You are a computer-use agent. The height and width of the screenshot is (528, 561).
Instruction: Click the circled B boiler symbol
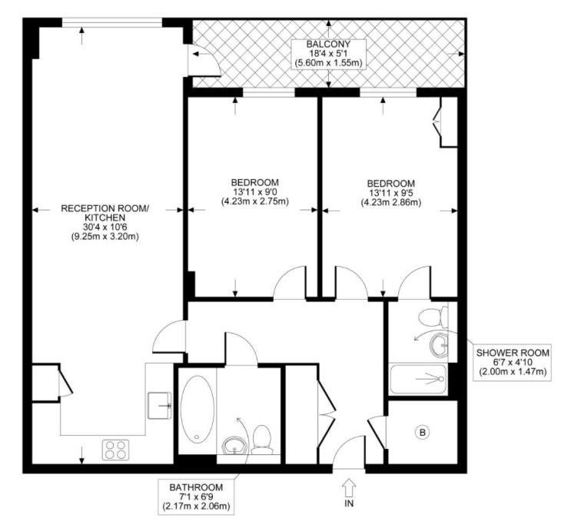point(422,433)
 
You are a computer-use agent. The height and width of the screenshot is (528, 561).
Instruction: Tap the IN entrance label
point(349,503)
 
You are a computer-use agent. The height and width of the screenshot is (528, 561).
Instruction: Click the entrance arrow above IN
point(349,488)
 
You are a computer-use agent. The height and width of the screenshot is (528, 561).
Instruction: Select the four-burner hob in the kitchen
point(115,450)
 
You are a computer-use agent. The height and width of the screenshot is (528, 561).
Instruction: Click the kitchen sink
point(160,405)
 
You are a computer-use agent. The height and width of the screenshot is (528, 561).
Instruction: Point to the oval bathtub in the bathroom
point(198,409)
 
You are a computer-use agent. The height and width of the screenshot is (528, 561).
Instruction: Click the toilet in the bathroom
point(261,439)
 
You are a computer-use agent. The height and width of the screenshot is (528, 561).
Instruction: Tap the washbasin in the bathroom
point(234,446)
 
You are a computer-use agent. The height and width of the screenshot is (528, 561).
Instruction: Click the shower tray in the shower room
point(418,379)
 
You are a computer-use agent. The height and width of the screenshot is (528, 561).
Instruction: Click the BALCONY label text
point(328,45)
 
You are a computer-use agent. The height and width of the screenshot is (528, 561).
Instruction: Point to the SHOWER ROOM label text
point(513,353)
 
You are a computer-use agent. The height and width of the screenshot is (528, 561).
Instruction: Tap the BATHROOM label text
point(196,487)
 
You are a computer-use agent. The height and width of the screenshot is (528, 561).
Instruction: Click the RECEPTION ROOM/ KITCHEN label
point(105,213)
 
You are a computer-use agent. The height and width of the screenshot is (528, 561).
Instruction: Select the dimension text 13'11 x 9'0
point(254,191)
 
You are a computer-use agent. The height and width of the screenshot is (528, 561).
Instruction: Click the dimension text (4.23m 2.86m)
point(390,202)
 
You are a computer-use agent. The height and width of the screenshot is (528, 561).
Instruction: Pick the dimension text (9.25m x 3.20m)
point(105,236)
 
